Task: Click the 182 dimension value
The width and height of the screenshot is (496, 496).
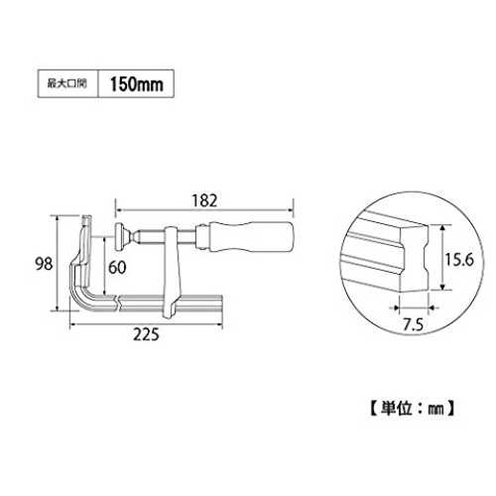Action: (x=204, y=200)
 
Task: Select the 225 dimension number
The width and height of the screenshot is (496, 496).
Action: (x=146, y=334)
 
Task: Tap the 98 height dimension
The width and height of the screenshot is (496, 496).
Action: (x=44, y=264)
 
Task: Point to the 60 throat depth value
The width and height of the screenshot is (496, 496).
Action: (x=117, y=267)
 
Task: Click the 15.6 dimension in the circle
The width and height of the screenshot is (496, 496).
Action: (x=459, y=260)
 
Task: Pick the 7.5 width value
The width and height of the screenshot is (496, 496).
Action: (x=414, y=324)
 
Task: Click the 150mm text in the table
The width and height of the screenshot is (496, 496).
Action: (x=137, y=84)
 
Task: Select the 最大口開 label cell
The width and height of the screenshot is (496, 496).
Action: (x=68, y=83)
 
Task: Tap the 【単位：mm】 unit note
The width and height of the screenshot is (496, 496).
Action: (x=412, y=409)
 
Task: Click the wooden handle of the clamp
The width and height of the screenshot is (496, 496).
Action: (x=252, y=237)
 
